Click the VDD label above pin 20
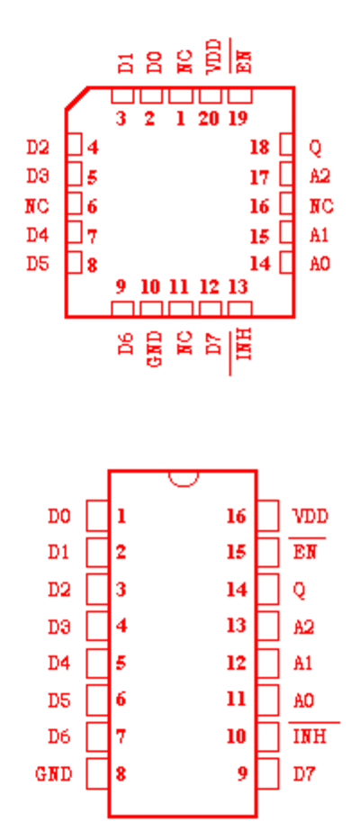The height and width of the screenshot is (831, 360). [x=212, y=56]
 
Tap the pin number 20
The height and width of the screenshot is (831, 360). [x=209, y=118]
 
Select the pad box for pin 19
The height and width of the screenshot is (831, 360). [x=239, y=96]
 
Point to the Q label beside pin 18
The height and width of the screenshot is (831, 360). [x=315, y=148]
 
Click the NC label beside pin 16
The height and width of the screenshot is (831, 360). [x=321, y=205]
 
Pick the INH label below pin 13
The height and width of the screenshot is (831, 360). [x=243, y=344]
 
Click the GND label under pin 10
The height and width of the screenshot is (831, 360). [x=154, y=349]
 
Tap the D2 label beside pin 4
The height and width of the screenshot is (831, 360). [x=38, y=148]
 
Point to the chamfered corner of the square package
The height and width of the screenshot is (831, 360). [x=76, y=98]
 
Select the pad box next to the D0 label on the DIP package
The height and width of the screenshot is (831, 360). [x=97, y=516]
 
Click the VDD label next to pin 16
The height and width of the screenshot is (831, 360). [x=310, y=516]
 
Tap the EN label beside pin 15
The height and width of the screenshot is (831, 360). [x=304, y=552]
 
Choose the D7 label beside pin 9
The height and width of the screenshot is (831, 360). [x=304, y=773]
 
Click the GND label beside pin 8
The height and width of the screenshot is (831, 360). [x=53, y=773]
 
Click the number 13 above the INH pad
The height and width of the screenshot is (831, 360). [x=238, y=287]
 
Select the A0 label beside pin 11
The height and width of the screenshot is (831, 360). [x=304, y=700]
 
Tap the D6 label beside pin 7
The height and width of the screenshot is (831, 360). [x=58, y=736]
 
